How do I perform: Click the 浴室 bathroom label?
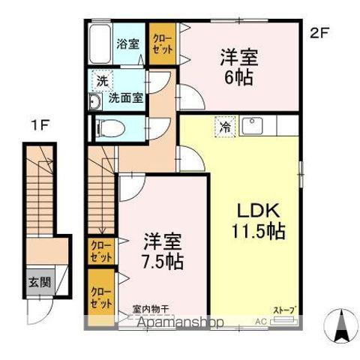[x=127, y=43]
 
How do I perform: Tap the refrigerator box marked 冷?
[x=224, y=127]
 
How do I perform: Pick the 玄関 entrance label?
[x=40, y=283]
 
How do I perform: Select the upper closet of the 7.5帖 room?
[x=99, y=250]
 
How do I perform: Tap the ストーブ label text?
[x=284, y=310]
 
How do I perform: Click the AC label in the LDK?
[x=261, y=321]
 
